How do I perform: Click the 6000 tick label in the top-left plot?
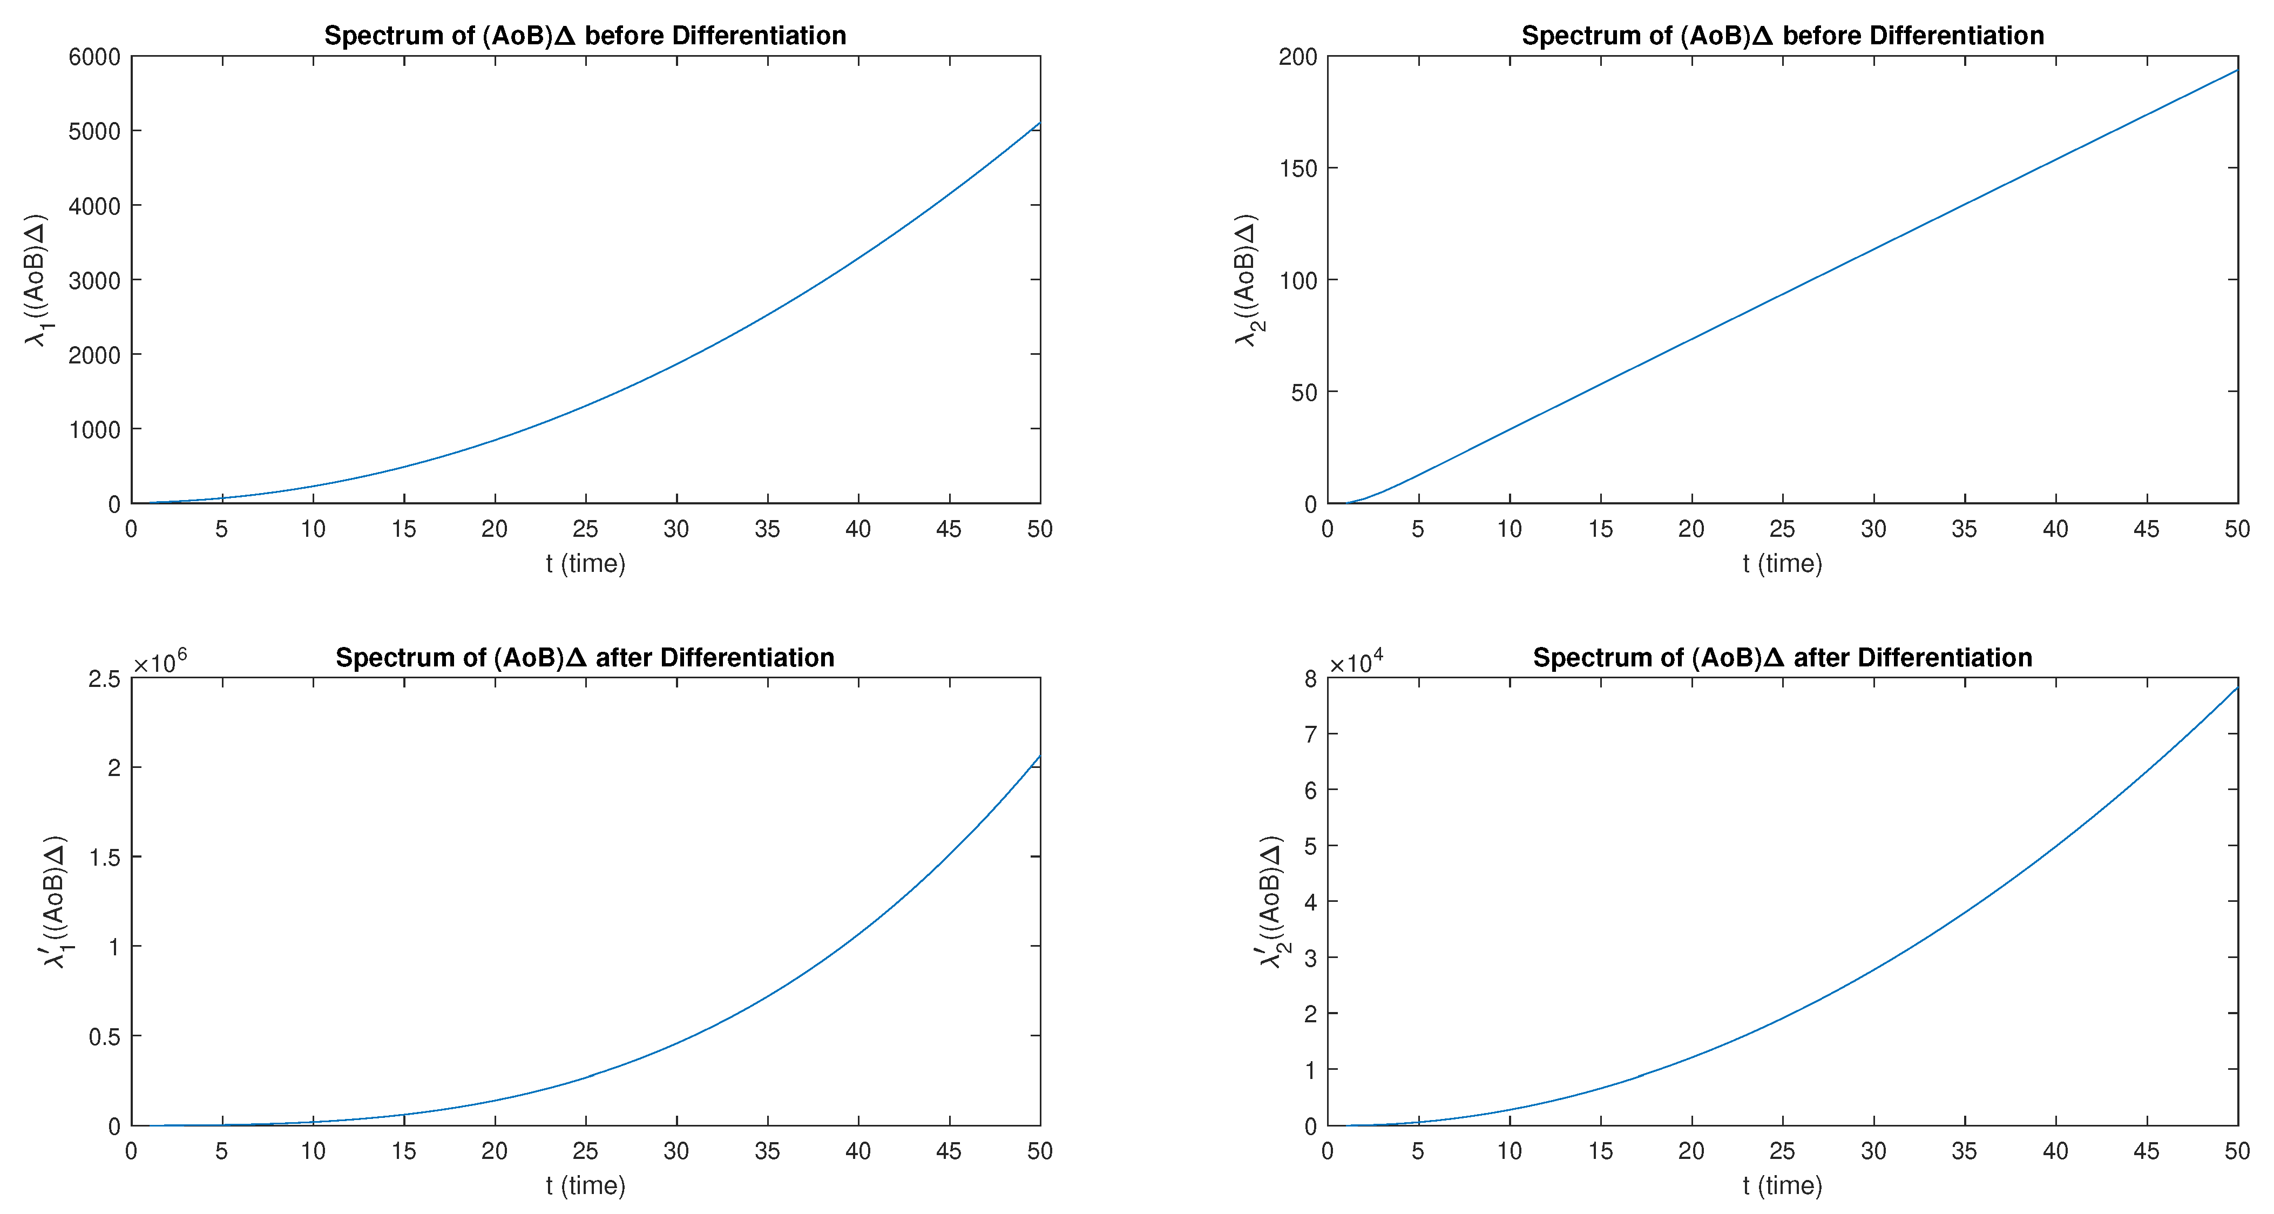click(x=94, y=57)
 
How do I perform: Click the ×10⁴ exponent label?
click(x=1356, y=662)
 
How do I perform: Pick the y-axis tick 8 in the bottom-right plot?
click(x=1310, y=679)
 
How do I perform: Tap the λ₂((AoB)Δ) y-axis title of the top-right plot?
click(x=1247, y=280)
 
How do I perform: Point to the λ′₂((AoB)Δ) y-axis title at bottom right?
click(x=1271, y=901)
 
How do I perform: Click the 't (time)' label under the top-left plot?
click(x=585, y=563)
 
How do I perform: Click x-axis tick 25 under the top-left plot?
click(x=585, y=529)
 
